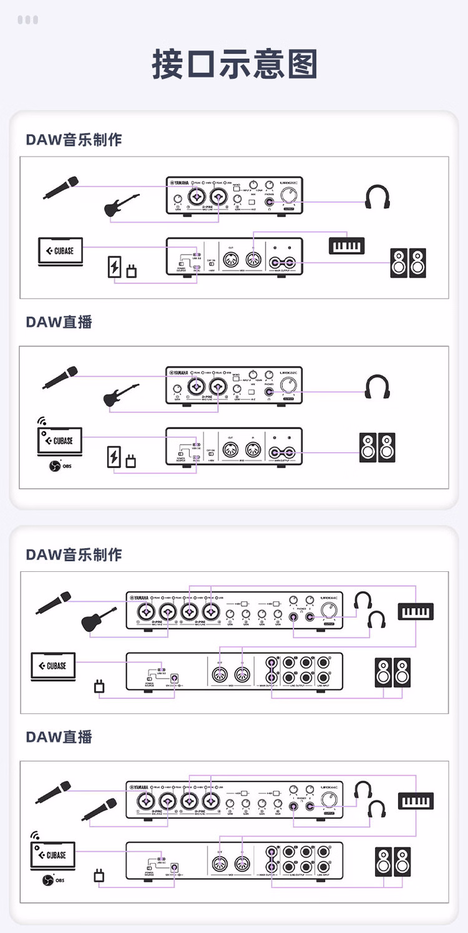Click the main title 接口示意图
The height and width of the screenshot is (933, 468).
234,64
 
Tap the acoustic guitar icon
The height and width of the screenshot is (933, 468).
99,619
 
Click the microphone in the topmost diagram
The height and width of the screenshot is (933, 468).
61,188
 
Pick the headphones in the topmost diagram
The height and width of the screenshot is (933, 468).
378,198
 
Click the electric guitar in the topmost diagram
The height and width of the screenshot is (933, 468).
121,205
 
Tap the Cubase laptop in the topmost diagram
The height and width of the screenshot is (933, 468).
60,252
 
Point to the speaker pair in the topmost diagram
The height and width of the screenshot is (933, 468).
408,263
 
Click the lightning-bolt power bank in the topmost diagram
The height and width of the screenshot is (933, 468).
115,267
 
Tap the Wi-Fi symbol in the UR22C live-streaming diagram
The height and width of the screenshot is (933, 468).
42,422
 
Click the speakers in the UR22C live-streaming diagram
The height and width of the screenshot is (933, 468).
378,447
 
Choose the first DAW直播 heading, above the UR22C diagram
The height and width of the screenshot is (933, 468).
59,322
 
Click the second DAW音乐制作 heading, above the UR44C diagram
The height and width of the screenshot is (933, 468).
74,554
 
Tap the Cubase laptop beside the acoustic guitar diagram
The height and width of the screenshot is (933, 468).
53,667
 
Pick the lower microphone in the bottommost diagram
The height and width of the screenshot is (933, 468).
98,810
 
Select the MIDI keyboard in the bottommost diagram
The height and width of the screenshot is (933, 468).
416,801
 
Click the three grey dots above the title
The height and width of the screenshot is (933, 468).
28,20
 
